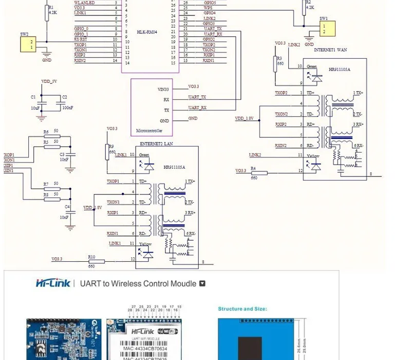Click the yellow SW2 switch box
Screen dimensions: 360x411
point(28,44)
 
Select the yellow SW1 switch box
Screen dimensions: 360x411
point(324,28)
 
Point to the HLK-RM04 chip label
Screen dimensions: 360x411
point(146,32)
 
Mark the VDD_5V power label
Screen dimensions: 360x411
point(49,82)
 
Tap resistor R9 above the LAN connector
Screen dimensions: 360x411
point(107,149)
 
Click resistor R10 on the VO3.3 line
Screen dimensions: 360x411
point(91,261)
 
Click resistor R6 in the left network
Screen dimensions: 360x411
point(52,137)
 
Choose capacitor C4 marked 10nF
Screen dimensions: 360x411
point(67,211)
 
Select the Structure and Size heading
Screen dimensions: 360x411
point(242,309)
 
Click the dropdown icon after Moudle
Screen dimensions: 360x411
point(202,283)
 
